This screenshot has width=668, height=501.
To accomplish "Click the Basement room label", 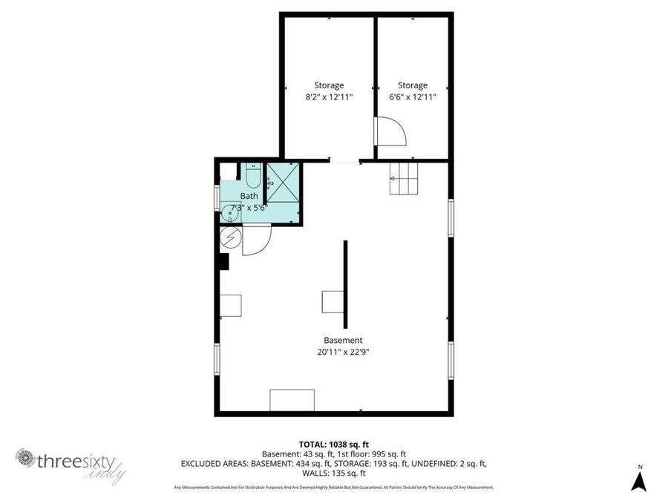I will tap(343, 341).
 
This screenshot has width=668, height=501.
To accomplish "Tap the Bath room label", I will tap(249, 197).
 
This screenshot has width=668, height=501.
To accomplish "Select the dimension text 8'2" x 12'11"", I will tap(329, 97).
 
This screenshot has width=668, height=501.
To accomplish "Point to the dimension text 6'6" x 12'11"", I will tap(412, 97).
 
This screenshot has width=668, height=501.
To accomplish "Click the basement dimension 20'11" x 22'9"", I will tap(343, 353).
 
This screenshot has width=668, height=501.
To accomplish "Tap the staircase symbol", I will tap(405, 179).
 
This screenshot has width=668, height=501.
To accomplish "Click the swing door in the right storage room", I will tap(390, 131).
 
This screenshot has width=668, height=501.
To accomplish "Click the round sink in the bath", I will tap(230, 213).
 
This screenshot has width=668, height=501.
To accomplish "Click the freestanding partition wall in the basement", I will tap(345, 284).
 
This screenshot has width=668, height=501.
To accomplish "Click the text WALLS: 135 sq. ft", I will tap(333, 473).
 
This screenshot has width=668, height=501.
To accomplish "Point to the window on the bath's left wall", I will tap(217, 198).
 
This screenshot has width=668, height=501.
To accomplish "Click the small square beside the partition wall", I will tap(332, 301).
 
